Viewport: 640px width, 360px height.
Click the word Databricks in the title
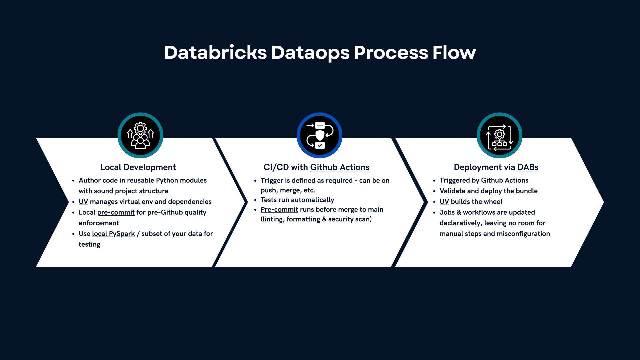coord(216,53)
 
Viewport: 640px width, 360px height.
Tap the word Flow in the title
coord(454,53)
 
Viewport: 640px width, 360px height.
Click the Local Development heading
coord(138,167)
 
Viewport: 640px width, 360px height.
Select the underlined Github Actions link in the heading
coord(340,167)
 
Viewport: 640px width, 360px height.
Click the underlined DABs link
coord(528,167)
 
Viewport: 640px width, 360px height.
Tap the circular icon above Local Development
coord(140,135)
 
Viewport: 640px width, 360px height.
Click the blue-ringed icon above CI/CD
coord(320,135)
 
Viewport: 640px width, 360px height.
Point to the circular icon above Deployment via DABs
coord(499,135)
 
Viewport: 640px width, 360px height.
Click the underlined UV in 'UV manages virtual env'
coord(83,202)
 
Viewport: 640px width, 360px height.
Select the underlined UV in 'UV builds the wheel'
coord(444,202)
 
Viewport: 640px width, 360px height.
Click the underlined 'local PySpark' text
coord(113,234)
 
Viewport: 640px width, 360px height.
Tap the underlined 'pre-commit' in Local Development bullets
coord(116,212)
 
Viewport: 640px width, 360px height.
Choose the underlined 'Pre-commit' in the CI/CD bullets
coord(279,209)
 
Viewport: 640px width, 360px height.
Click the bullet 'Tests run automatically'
coord(297,200)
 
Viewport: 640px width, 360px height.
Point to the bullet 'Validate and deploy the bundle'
coord(489,191)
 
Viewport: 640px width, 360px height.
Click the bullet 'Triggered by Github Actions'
coord(484,180)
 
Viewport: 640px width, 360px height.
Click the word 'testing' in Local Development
coord(89,244)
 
